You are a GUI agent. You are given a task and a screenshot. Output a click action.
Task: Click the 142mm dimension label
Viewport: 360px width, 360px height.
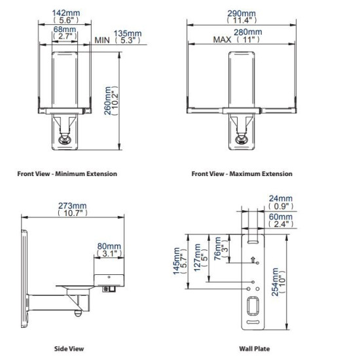tap(66, 13)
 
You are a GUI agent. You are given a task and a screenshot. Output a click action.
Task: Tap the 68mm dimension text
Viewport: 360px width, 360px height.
tap(65, 29)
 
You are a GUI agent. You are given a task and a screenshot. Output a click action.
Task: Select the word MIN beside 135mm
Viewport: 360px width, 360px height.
tap(102, 40)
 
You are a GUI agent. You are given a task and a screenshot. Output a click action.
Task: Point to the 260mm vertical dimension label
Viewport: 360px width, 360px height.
tap(108, 101)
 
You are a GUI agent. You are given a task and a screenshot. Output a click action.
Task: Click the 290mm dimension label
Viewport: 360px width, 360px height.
tap(242, 13)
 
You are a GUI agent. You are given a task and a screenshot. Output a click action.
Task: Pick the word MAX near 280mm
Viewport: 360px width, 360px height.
tap(222, 39)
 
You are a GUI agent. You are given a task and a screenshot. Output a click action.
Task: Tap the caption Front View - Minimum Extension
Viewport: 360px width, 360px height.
tap(67, 173)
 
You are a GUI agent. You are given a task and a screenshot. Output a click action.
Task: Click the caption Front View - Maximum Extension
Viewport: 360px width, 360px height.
tap(242, 173)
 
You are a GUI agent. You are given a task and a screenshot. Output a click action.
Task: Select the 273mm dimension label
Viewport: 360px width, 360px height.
tap(72, 206)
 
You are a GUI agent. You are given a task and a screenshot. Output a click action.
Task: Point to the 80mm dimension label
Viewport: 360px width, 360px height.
tap(109, 246)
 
